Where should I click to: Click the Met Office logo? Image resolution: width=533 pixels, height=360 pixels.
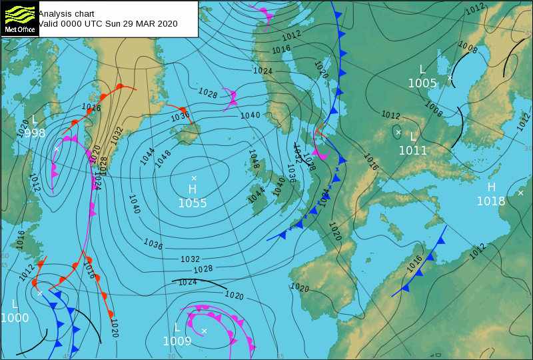click(19, 18)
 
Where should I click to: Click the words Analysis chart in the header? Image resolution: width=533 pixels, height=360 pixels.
click(66, 13)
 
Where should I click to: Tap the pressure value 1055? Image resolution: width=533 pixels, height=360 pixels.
click(193, 203)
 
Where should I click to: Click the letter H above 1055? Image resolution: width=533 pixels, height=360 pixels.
click(193, 190)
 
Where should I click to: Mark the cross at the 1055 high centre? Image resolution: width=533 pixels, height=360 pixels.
click(194, 178)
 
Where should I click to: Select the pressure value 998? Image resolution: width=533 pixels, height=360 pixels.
click(35, 133)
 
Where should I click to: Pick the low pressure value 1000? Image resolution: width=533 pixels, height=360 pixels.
click(15, 318)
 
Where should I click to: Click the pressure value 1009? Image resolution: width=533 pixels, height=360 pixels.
click(177, 341)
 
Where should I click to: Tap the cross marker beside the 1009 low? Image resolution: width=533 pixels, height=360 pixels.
click(205, 331)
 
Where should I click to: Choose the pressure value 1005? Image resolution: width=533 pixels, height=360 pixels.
click(422, 83)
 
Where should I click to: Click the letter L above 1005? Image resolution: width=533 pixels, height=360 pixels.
click(422, 69)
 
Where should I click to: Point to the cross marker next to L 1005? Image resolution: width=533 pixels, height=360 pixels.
click(450, 78)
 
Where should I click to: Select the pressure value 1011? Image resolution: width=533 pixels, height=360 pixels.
click(413, 151)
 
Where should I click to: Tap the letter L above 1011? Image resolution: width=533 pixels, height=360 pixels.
click(413, 137)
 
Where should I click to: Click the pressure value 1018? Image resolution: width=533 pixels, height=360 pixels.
click(491, 201)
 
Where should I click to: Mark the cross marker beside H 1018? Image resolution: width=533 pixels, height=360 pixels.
click(520, 193)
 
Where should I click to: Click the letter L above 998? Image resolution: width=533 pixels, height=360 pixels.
click(35, 120)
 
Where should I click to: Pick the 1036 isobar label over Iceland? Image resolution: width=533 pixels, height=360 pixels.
click(181, 116)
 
